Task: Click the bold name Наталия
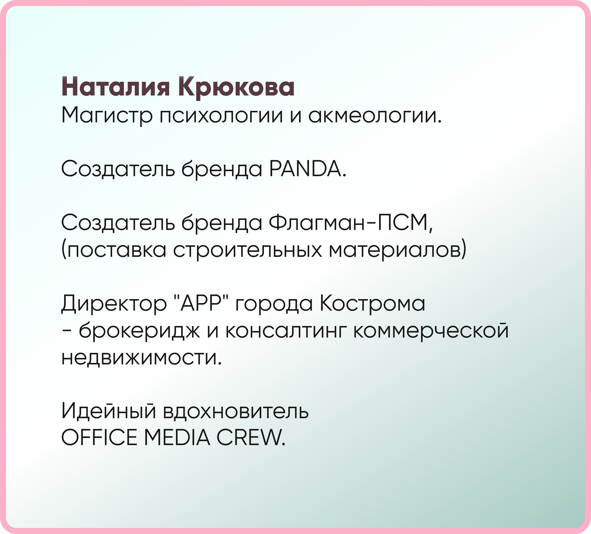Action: [115, 87]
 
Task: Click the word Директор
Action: [114, 303]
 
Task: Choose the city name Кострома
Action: [372, 303]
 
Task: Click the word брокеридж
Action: [139, 330]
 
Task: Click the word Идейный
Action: [109, 411]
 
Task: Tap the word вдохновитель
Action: [236, 411]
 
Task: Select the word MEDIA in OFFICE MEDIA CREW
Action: [177, 437]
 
